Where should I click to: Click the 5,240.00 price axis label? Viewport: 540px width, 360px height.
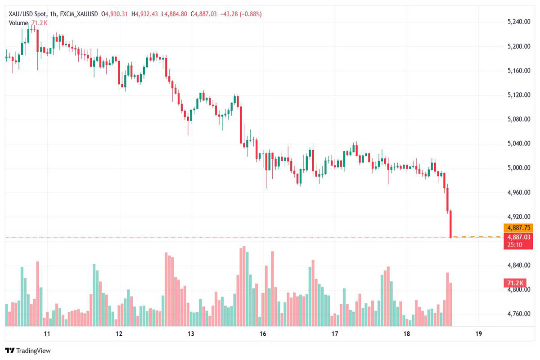519,22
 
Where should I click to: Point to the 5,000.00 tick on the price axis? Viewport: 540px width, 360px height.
519,168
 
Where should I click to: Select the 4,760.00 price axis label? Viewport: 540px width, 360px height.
519,314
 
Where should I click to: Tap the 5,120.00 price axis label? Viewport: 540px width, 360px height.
519,95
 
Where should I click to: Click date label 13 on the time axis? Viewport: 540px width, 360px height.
191,334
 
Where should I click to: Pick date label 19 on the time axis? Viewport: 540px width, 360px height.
478,334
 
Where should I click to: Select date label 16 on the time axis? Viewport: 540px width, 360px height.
263,334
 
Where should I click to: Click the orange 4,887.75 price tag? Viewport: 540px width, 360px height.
518,228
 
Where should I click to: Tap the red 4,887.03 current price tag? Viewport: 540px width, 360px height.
519,237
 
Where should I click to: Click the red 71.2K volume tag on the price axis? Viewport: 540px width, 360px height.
515,283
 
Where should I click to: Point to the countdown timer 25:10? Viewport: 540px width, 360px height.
514,245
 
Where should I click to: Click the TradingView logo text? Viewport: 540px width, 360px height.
33,351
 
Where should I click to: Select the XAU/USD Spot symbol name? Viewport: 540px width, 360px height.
27,14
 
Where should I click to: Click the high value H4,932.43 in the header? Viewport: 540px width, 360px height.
144,14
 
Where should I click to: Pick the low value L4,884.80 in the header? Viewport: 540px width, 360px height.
174,14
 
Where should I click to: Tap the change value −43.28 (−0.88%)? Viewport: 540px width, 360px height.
241,14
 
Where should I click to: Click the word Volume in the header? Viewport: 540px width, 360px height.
18,23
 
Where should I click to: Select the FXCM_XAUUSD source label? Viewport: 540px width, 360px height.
79,14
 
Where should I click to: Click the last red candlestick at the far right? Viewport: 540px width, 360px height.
450,224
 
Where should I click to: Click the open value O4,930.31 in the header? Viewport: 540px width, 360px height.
114,14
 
